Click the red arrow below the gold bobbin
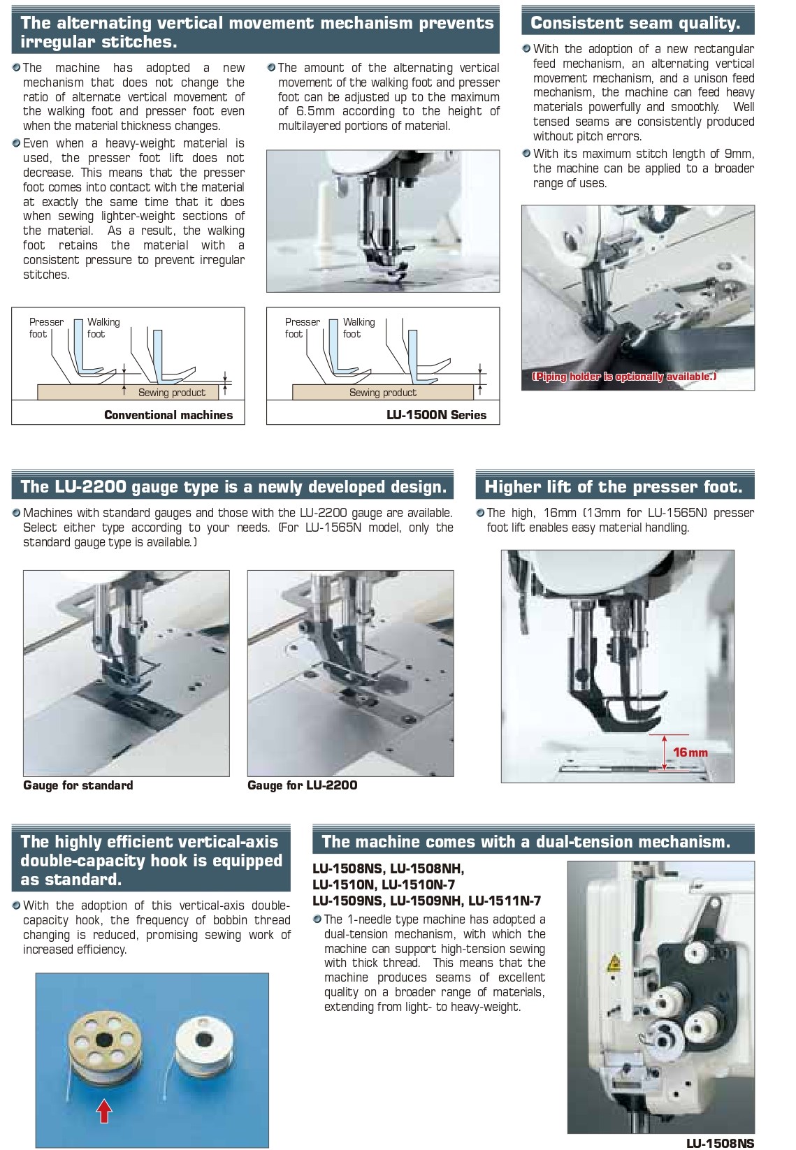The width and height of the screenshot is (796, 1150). tap(103, 1109)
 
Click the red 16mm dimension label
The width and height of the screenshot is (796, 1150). tap(690, 752)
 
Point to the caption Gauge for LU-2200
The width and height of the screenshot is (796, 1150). tap(302, 785)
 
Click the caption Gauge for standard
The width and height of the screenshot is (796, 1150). tap(78, 785)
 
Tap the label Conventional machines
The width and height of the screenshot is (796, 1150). tap(168, 415)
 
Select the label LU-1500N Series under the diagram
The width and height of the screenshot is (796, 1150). tap(436, 415)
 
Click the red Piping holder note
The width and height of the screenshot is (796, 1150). tap(623, 377)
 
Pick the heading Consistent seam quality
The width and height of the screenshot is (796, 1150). tap(635, 23)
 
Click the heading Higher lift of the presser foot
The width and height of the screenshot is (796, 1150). tap(613, 487)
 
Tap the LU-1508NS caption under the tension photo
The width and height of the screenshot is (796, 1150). tap(720, 1143)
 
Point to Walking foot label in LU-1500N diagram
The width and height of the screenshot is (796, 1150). tap(359, 328)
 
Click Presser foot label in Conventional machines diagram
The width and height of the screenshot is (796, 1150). tap(46, 328)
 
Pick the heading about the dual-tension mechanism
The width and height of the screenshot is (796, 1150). tap(526, 842)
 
